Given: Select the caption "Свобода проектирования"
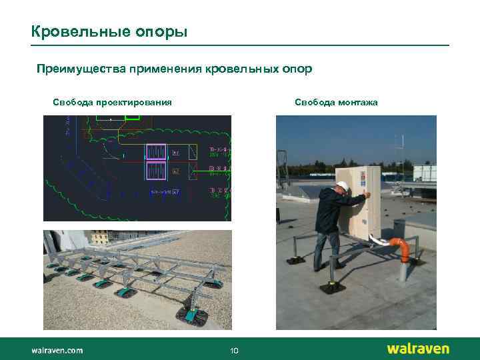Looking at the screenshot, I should coord(112,102).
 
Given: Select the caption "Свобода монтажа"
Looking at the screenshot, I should coord(336,102).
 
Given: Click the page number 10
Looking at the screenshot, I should coord(234,351).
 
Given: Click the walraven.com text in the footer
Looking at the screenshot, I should coord(57,350).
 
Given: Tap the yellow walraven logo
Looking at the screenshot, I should coord(418,349).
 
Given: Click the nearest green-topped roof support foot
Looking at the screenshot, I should coord(191,313).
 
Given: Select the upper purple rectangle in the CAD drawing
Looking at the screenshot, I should coord(157,152).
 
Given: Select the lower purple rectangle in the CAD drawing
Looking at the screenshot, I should coord(157,170).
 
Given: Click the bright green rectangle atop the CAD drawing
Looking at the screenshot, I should coord(132,117).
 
